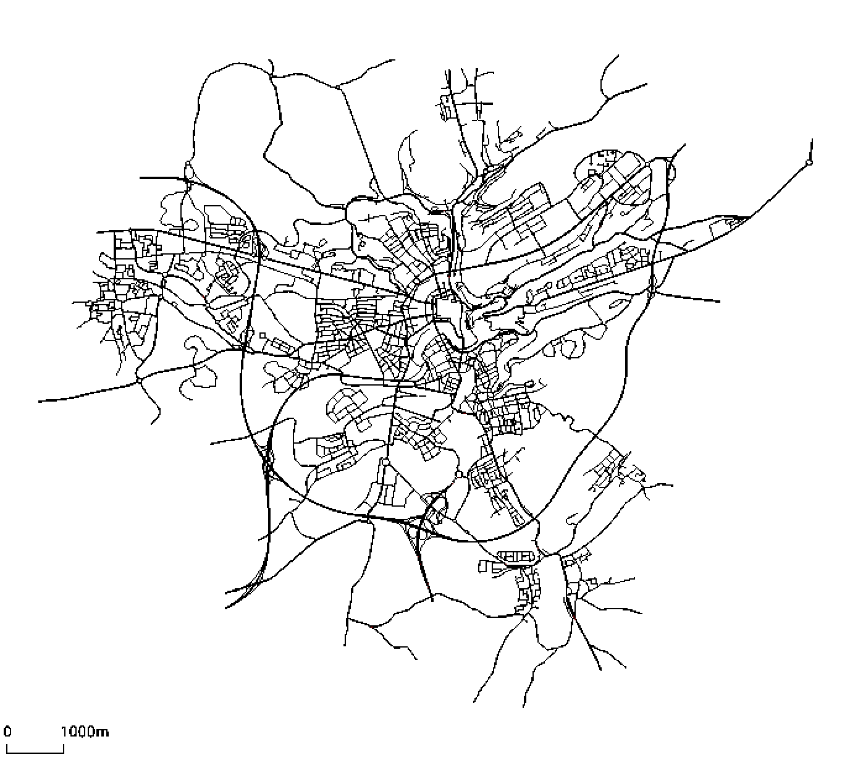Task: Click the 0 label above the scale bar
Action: click(7, 732)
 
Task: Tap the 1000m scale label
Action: click(85, 732)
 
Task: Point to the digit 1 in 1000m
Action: click(64, 732)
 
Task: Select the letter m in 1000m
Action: click(103, 733)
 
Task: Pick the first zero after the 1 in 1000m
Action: click(72, 732)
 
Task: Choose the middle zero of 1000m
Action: click(82, 732)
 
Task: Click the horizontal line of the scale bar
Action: click(35, 752)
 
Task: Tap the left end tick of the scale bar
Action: click(6, 748)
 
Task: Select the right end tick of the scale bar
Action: click(64, 748)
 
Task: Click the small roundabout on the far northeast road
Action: click(809, 163)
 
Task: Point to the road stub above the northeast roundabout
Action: click(811, 148)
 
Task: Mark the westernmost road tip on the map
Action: click(40, 401)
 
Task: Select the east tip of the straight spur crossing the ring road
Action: click(719, 302)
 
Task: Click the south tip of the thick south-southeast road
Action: click(600, 670)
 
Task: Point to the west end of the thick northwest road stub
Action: click(141, 178)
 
